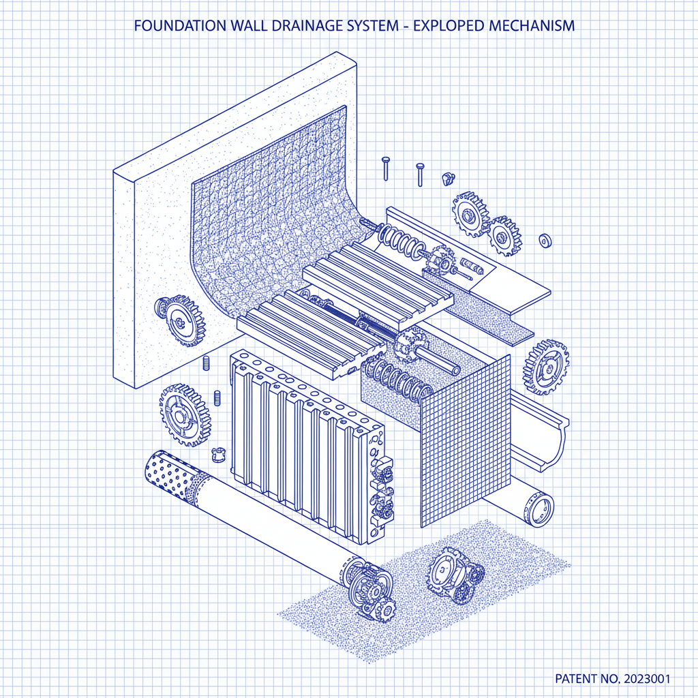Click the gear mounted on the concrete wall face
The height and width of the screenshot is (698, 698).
point(179,320)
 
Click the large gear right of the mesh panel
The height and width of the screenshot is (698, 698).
point(545,367)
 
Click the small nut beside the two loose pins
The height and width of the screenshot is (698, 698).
point(448,179)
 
